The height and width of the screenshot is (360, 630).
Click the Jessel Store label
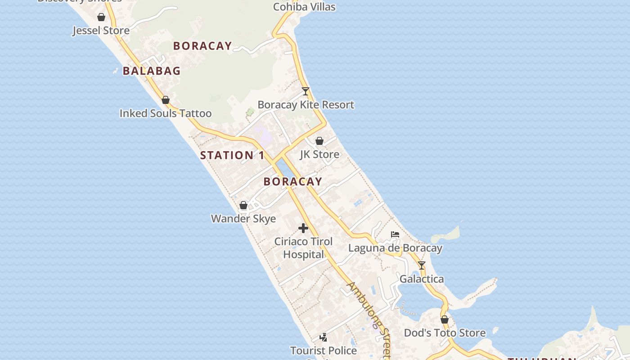pyautogui.click(x=101, y=31)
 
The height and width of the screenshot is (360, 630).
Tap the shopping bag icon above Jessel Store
pyautogui.click(x=101, y=17)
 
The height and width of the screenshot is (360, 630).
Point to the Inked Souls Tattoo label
pyautogui.click(x=165, y=113)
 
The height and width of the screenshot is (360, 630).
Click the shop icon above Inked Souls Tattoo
pyautogui.click(x=166, y=99)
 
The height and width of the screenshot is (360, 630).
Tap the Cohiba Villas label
pyautogui.click(x=304, y=7)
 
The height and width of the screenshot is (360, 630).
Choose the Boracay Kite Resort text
pyautogui.click(x=306, y=105)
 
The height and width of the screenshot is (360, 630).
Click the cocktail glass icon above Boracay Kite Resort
pyautogui.click(x=306, y=91)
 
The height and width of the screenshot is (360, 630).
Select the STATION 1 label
pyautogui.click(x=232, y=155)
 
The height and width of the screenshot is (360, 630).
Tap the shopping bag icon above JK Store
pyautogui.click(x=319, y=141)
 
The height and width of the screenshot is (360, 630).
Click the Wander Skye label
pyautogui.click(x=243, y=219)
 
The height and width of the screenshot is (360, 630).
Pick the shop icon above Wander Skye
pyautogui.click(x=243, y=205)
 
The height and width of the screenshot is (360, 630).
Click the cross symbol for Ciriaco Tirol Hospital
pyautogui.click(x=303, y=228)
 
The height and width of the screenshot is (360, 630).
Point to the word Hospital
pyautogui.click(x=303, y=255)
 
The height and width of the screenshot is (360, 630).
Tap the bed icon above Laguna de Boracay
pyautogui.click(x=395, y=234)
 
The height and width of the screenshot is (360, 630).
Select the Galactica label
pyautogui.click(x=422, y=279)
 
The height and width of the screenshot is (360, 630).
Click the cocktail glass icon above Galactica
pyautogui.click(x=422, y=265)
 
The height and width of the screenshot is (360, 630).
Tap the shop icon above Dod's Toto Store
pyautogui.click(x=445, y=319)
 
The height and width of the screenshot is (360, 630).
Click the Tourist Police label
pyautogui.click(x=324, y=351)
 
